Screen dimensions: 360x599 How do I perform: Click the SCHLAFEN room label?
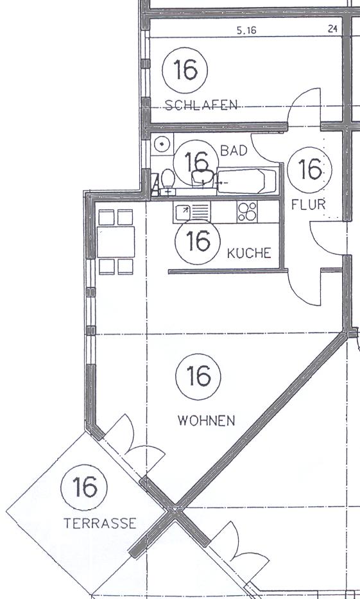click(201, 105)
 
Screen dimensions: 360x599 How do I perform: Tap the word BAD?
click(234, 151)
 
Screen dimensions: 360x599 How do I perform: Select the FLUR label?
click(309, 205)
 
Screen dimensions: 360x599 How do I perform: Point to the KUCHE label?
click(249, 253)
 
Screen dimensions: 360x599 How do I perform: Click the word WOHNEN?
click(206, 421)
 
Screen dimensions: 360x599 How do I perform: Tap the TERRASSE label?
click(100, 523)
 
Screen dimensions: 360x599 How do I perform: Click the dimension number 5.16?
click(246, 31)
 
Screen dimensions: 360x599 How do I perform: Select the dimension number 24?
click(332, 29)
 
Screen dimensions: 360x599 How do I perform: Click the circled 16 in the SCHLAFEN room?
click(185, 70)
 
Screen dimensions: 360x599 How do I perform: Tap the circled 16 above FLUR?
click(309, 169)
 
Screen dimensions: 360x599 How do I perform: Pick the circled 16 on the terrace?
click(84, 487)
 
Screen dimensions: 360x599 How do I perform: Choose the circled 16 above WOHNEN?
click(198, 376)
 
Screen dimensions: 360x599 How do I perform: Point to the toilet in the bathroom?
click(167, 182)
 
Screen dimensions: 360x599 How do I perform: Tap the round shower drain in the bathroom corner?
click(162, 144)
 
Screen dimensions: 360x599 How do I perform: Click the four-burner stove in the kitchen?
click(247, 212)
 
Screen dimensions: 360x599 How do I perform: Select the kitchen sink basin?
click(183, 212)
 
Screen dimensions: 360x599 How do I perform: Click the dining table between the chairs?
click(116, 242)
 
